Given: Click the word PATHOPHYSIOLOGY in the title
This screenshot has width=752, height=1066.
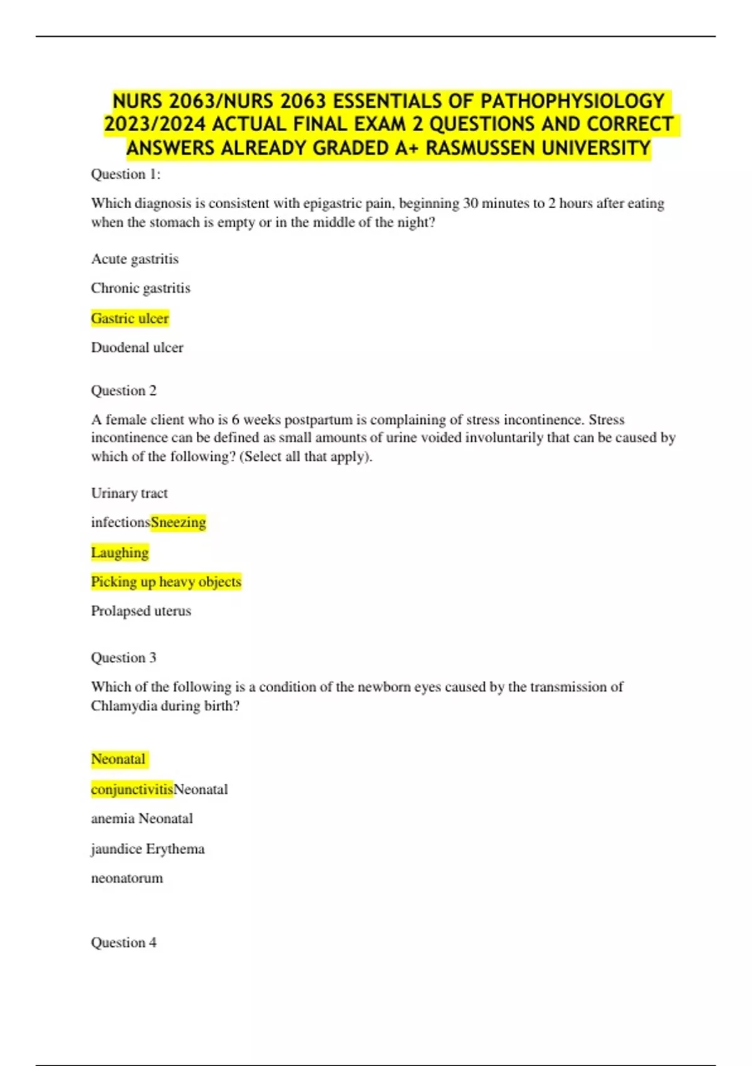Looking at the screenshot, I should coord(572,101).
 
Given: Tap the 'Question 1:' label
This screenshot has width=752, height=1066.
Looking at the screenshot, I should coord(126,174).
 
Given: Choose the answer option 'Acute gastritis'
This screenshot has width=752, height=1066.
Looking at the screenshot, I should coord(135,259).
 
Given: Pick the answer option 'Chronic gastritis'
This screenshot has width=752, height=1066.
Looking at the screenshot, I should coord(140,288).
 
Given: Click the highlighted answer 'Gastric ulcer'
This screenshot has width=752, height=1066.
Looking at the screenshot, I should coord(130,318).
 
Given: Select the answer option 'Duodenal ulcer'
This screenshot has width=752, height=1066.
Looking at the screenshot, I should coord(137,347).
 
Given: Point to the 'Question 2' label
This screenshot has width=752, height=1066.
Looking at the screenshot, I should coord(123,391).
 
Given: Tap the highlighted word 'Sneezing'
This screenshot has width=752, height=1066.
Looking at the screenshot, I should coord(179,522).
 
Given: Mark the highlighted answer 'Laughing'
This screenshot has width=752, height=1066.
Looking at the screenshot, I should coord(120,552).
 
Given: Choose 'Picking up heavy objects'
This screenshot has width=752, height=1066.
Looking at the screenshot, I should coord(166,582).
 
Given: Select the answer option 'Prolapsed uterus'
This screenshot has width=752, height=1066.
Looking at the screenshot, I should coord(141,611).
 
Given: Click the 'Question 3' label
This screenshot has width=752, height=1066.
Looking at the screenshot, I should coord(123,658).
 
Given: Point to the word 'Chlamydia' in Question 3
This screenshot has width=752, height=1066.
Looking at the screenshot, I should coord(123,706).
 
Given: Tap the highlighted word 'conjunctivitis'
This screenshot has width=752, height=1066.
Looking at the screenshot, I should coord(132,789).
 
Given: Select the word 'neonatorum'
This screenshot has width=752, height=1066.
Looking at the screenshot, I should coord(127,878).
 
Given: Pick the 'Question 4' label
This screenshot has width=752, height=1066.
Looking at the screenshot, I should coord(123,942).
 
